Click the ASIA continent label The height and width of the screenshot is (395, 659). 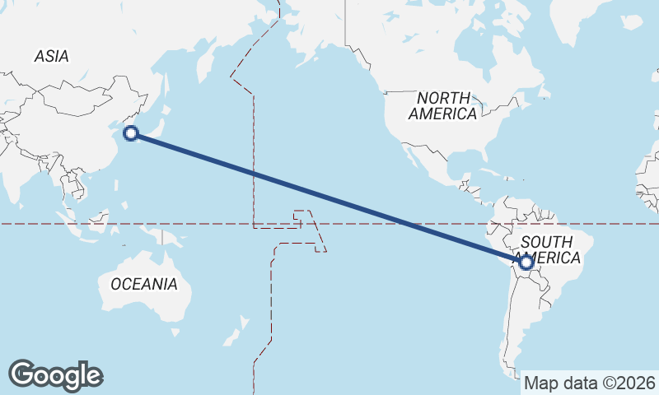tap(51, 56)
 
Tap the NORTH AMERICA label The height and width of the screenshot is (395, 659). tap(443, 106)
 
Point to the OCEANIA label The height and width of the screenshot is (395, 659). tap(143, 284)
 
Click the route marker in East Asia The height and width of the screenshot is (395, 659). tap(130, 133)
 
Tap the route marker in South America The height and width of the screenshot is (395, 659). tap(526, 263)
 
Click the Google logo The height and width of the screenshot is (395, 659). tap(55, 375)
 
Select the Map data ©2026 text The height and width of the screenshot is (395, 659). tap(590, 383)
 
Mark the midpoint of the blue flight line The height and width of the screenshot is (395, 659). tap(328, 198)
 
